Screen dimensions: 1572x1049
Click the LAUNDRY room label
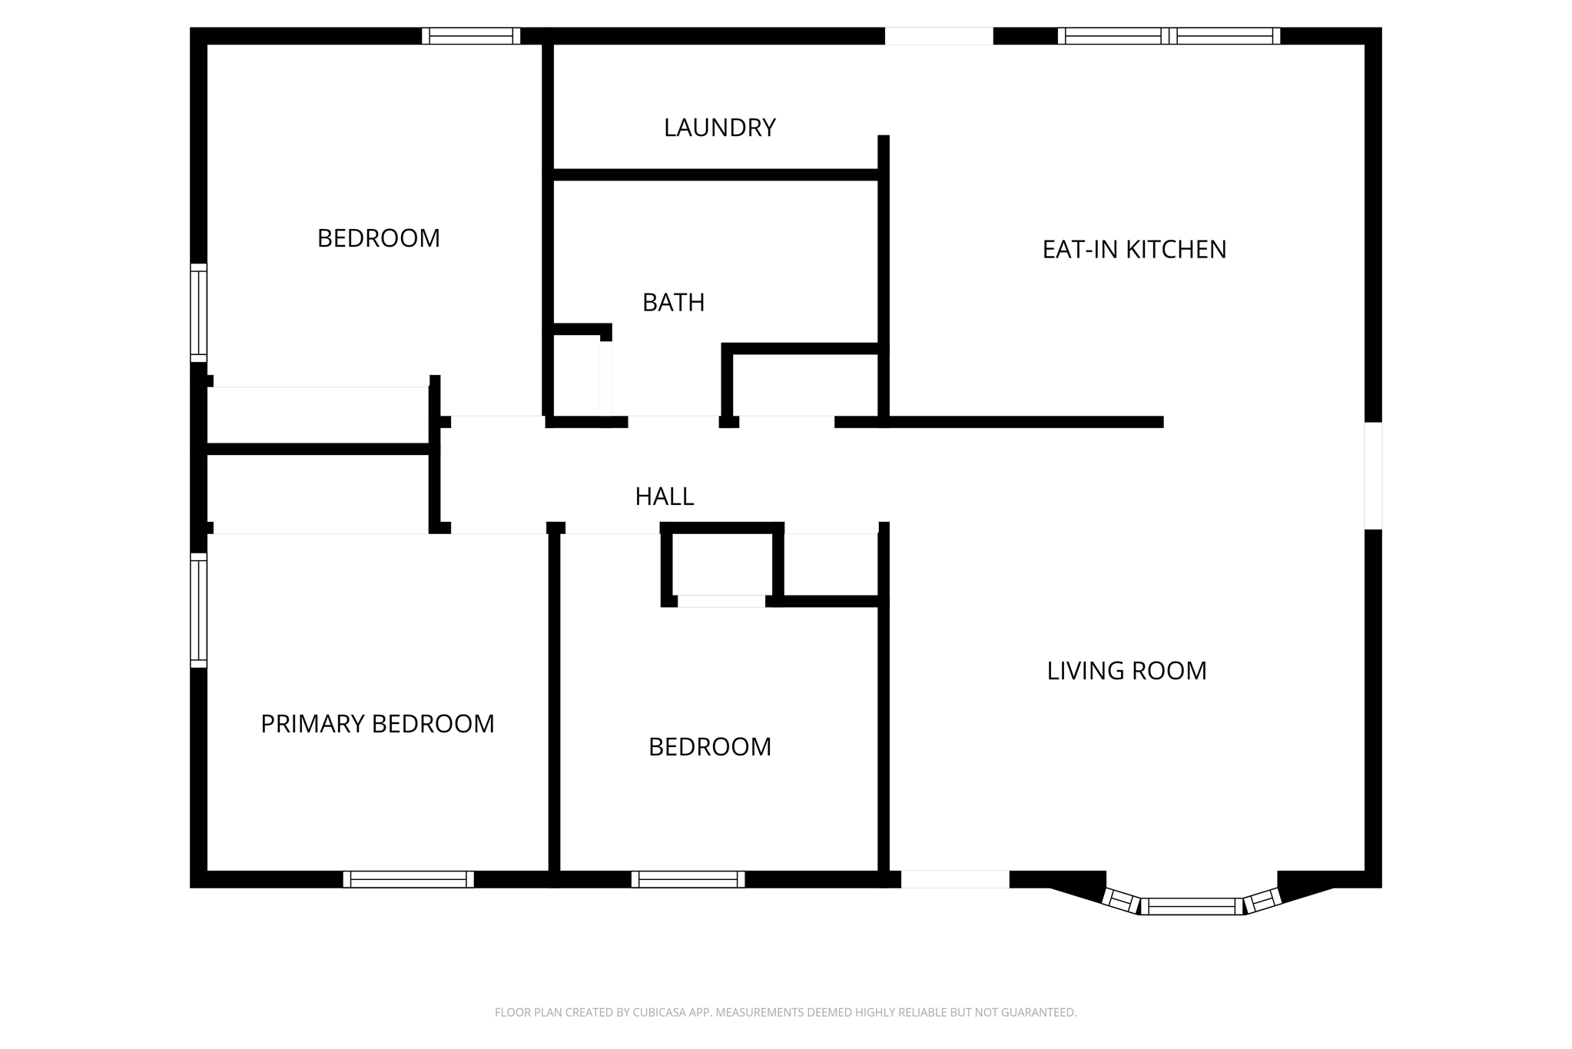(719, 128)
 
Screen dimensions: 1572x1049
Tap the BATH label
(673, 303)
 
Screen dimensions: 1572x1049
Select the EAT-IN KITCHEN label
(1134, 250)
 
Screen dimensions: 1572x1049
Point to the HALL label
(664, 496)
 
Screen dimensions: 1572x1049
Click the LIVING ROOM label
(1126, 671)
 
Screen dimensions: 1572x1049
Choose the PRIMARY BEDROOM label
(377, 724)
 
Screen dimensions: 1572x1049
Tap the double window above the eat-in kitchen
(1169, 35)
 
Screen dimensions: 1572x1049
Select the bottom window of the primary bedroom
(408, 879)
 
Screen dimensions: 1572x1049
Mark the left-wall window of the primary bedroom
(198, 610)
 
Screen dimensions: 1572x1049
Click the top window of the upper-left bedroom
(471, 35)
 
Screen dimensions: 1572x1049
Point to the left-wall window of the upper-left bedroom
(198, 313)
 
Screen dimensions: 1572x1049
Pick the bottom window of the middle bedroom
(688, 879)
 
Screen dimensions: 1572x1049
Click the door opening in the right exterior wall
(1373, 476)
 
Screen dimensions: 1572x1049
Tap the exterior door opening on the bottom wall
(955, 879)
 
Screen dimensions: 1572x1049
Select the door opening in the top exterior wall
(939, 35)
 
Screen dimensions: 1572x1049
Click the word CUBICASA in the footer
(659, 1013)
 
